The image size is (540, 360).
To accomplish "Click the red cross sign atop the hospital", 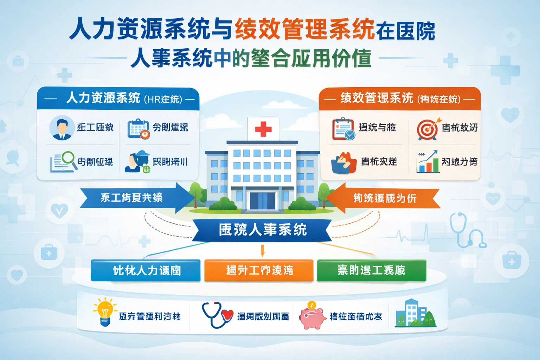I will tap(263, 129).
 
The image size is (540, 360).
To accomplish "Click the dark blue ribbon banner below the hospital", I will tap(262, 230).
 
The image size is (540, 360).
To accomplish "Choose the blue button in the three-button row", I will tap(146, 270).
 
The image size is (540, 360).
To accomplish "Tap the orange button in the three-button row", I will tap(259, 270).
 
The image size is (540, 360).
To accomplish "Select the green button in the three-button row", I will tap(371, 270).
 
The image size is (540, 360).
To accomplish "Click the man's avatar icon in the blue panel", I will tap(62, 128).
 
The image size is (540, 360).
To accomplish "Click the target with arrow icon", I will tap(427, 129).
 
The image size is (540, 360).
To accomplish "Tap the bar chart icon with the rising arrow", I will tap(427, 162).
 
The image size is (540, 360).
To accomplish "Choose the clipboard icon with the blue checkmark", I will tap(343, 129).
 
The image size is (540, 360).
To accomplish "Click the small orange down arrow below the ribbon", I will tap(262, 251).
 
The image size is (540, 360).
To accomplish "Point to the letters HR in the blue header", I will tap(154, 99).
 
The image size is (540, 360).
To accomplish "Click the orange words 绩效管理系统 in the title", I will tap(304, 29).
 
